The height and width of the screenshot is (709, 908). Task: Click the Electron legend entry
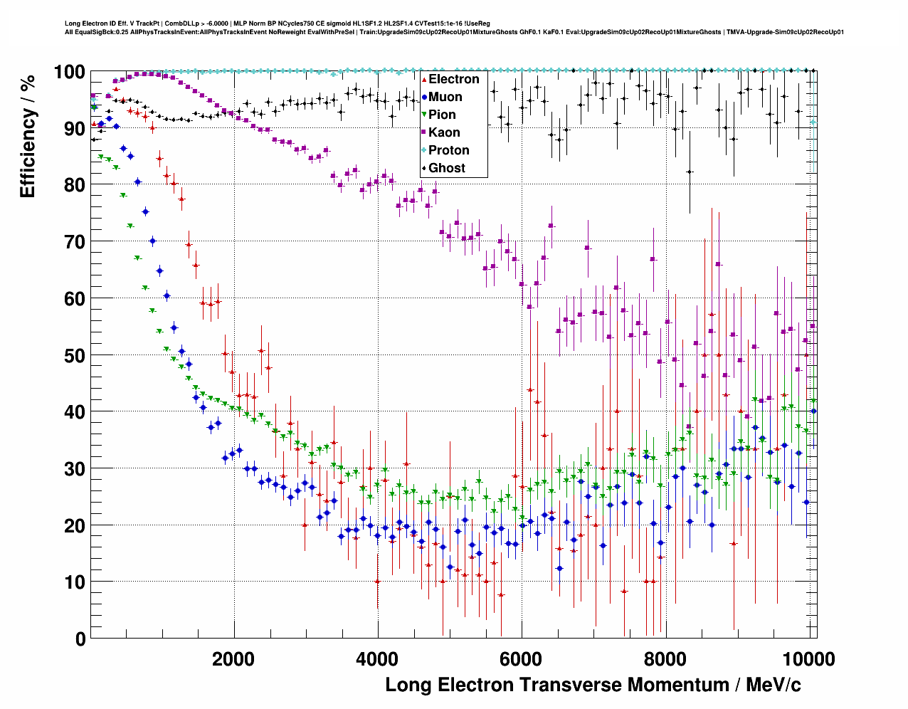click(453, 80)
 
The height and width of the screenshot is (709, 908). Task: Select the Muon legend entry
click(445, 98)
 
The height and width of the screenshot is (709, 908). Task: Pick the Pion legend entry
click(442, 115)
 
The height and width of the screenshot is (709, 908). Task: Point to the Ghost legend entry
click(446, 169)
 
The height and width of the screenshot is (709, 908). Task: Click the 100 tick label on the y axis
click(69, 72)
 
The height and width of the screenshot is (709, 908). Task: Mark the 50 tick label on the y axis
click(74, 355)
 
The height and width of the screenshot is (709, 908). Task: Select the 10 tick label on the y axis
click(74, 582)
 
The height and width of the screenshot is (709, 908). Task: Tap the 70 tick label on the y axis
click(74, 242)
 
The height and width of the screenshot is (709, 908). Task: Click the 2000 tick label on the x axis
click(233, 659)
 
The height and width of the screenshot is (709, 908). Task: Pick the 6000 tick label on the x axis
click(522, 659)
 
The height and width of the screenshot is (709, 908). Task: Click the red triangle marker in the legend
click(424, 80)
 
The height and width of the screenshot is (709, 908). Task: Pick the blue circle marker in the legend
click(424, 98)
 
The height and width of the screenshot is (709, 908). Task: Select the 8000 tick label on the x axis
click(665, 659)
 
